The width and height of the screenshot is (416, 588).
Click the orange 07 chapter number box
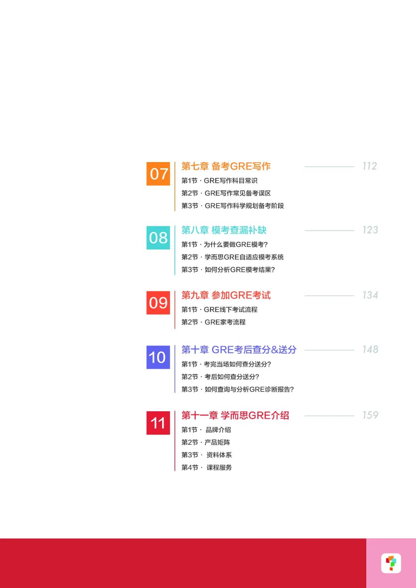[x=158, y=174]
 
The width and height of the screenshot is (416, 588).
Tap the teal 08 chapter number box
[x=158, y=238]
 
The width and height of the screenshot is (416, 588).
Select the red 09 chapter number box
[x=158, y=303]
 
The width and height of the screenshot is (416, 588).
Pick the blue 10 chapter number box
[x=158, y=357]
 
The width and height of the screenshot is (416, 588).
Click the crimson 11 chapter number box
[x=158, y=423]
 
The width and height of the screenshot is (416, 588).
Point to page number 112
[x=369, y=166]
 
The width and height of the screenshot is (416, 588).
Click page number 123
[x=370, y=230]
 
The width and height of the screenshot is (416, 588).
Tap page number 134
[x=370, y=295]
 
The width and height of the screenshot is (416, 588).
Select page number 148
[x=370, y=349]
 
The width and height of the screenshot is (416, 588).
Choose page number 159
[x=370, y=415]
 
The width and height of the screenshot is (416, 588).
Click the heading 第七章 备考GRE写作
[x=226, y=166]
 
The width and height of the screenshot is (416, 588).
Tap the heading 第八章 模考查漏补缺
[x=224, y=230]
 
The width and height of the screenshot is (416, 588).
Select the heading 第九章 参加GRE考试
[x=226, y=295]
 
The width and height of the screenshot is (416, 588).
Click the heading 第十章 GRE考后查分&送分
[x=239, y=350]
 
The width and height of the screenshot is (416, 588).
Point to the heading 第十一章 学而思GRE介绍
[x=235, y=415]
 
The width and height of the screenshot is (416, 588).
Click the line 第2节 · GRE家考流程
[x=213, y=322]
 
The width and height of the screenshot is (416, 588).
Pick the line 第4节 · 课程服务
[x=206, y=467]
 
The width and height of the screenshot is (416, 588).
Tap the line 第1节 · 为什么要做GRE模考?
[x=224, y=245]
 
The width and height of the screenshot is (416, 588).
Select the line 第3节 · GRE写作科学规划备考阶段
[x=232, y=206]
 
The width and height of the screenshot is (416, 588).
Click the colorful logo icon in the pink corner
[x=391, y=563]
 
